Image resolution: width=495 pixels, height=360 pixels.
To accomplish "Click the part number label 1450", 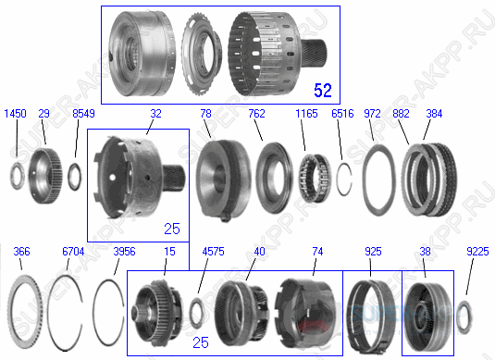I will pos(14,113).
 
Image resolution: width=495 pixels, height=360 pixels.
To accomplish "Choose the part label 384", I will pos(432,113).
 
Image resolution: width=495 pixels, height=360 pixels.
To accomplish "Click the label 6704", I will pos(73,252).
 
